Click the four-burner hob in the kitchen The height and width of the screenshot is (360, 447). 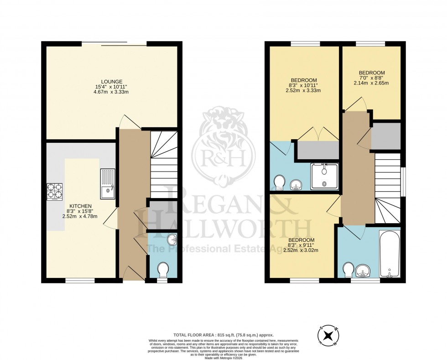54,192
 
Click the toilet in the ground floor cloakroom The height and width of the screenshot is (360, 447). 162,270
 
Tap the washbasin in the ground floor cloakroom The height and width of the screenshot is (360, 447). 171,239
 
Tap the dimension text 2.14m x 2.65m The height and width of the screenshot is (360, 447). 371,83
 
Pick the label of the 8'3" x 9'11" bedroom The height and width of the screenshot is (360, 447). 301,240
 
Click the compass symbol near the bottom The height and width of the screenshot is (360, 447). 327,337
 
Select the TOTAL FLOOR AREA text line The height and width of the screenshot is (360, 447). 223,334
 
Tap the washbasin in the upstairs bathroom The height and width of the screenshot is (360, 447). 363,270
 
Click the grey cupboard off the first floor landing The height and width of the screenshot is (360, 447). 386,136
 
